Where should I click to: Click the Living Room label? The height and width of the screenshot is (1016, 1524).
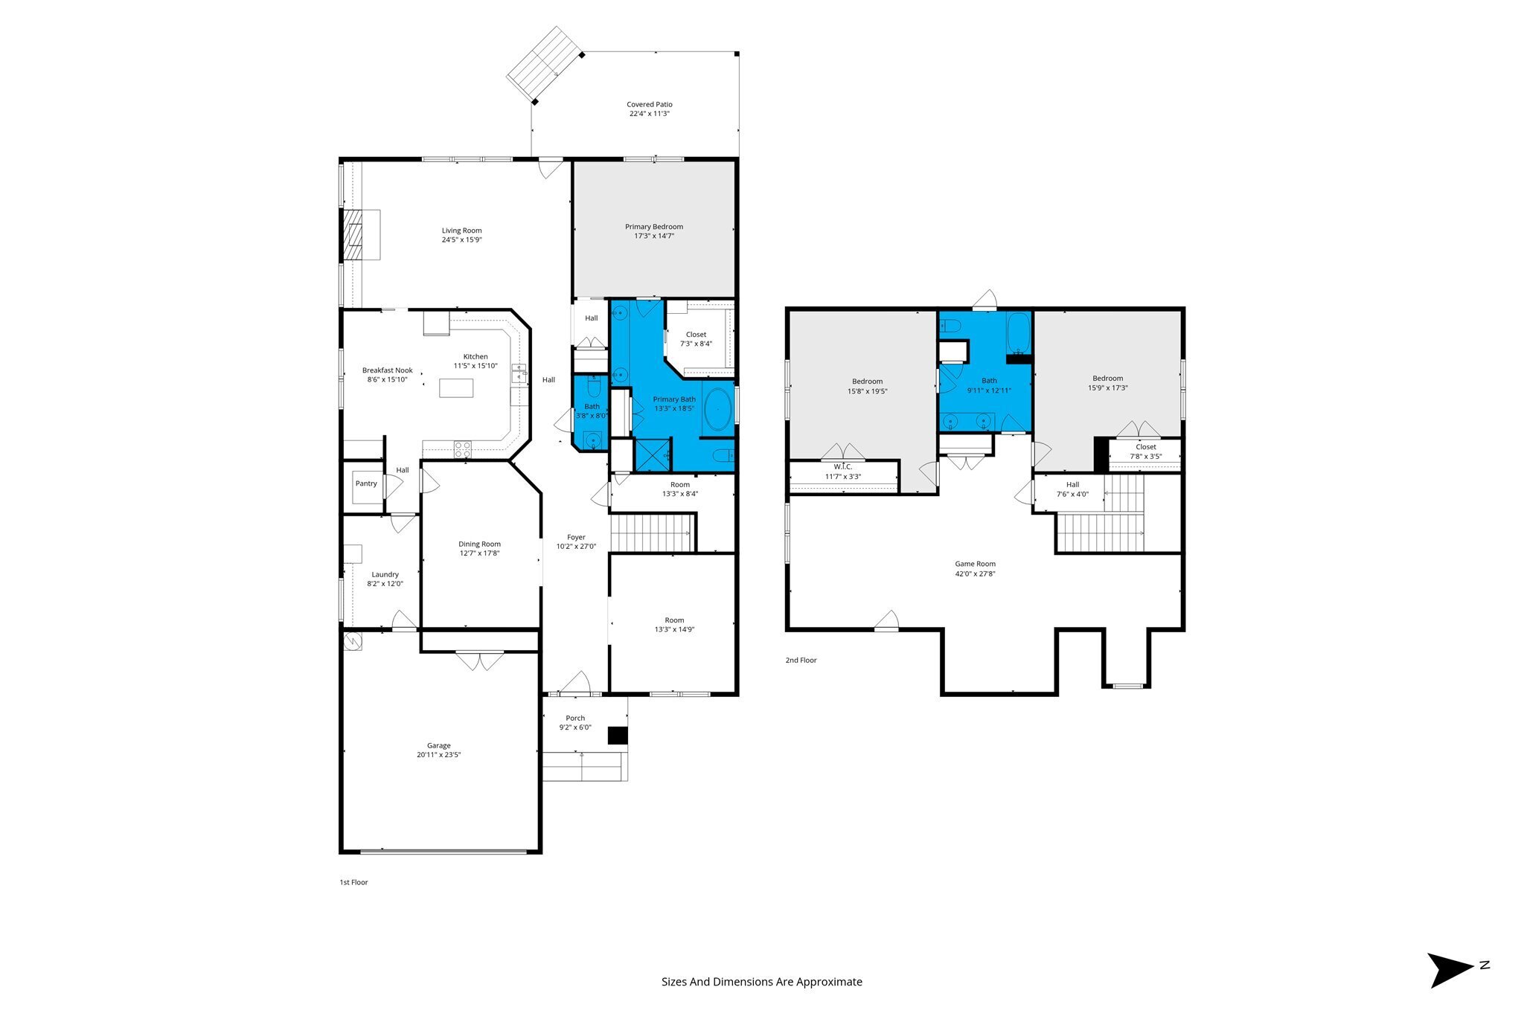coord(461,231)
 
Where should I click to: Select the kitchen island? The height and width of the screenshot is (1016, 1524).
coord(456,388)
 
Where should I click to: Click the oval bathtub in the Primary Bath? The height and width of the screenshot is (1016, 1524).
coord(717,409)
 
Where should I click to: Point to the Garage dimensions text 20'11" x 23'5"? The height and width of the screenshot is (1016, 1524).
coord(439,755)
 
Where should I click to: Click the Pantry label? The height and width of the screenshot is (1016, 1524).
coord(366,483)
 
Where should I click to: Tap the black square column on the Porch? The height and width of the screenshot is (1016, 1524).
coord(618,735)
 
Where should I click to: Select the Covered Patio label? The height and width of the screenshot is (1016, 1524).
coord(650,105)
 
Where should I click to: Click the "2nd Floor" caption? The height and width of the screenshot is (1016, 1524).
coord(801,660)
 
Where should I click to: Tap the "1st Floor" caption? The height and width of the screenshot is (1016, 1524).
coord(354,882)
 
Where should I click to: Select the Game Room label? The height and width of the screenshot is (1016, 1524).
coord(976,564)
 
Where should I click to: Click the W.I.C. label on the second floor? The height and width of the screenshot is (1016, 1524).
coord(843,466)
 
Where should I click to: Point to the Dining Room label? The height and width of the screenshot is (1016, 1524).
coord(480,544)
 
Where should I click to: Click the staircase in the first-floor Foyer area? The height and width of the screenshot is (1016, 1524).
coord(653,532)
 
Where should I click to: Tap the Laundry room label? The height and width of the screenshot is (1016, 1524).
coord(385,574)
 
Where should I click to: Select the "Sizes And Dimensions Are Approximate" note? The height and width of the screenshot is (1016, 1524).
coord(762,982)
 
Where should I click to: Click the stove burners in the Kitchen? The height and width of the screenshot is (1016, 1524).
coord(462,448)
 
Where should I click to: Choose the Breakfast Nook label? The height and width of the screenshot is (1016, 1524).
coord(388,370)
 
